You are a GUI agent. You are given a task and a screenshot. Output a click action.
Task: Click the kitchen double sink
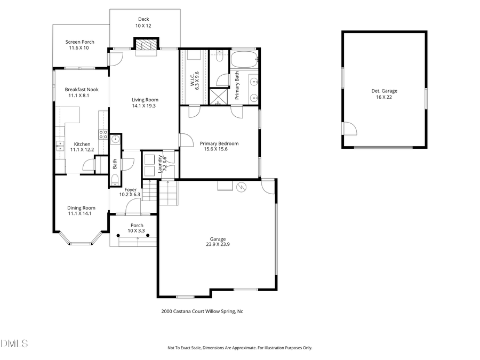point(60,145)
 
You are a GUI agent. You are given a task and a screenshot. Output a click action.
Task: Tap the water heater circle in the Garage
point(241,187)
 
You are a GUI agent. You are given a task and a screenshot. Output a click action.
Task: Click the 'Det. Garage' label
point(384,91)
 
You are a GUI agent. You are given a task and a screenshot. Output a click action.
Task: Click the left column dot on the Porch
point(118,235)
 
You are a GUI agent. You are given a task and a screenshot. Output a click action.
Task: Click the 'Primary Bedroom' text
point(219,143)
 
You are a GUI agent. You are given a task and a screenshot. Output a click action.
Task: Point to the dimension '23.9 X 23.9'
point(218,244)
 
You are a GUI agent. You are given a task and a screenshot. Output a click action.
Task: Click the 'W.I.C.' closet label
point(192,81)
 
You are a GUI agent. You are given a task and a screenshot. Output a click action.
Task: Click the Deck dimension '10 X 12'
point(143,26)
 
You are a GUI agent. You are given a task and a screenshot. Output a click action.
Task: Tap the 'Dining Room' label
point(81,208)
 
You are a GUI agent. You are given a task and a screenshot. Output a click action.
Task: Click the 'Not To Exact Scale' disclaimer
point(239,348)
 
